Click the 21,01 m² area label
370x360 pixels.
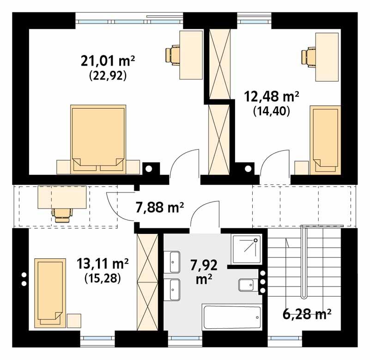point(108,61)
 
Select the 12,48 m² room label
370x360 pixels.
point(271,97)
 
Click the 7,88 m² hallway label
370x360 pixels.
point(160,207)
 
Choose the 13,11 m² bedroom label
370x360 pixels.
point(103,263)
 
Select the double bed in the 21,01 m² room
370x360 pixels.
point(98,139)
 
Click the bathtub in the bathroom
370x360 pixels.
point(232,317)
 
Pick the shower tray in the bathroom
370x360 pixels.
point(247,249)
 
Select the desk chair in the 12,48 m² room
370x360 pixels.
point(308,56)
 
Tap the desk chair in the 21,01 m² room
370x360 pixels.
point(173,55)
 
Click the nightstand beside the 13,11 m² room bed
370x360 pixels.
point(74,321)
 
